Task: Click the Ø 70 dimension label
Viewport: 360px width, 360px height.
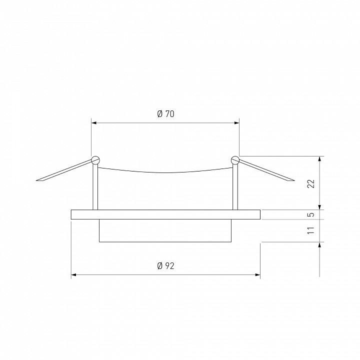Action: point(166,114)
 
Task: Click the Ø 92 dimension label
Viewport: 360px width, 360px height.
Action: point(166,265)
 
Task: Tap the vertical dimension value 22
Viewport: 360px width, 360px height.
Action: point(311,183)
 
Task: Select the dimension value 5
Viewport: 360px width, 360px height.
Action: point(311,214)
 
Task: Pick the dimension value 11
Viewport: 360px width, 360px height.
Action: point(311,230)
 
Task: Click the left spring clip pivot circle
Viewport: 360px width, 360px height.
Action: point(95,160)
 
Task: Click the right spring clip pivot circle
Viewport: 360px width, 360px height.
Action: point(235,160)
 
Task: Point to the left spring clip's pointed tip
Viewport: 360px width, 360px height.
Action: point(36,180)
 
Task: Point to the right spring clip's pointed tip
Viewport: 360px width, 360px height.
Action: point(294,180)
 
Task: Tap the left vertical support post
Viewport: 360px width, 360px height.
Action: point(95,187)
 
